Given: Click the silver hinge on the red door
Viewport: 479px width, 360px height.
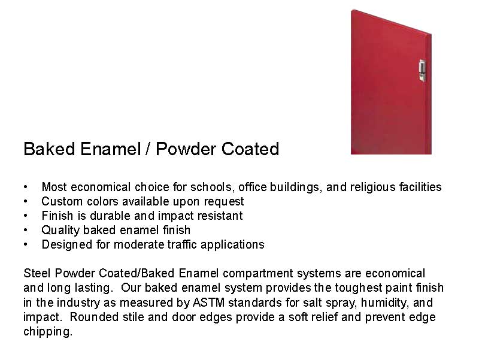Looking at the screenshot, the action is [x=422, y=70].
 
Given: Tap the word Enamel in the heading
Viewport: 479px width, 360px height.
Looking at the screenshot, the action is [x=110, y=149].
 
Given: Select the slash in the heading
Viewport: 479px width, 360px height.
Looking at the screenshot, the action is [x=148, y=149].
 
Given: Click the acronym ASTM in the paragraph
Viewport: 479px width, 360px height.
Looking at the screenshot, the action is [x=208, y=302].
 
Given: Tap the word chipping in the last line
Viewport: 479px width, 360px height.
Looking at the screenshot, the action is [x=48, y=331].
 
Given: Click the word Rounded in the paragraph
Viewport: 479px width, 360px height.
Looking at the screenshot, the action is [x=94, y=317].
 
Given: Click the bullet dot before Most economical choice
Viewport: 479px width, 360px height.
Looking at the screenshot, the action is [x=26, y=187].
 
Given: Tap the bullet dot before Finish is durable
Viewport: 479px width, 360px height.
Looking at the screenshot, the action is [x=26, y=216].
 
